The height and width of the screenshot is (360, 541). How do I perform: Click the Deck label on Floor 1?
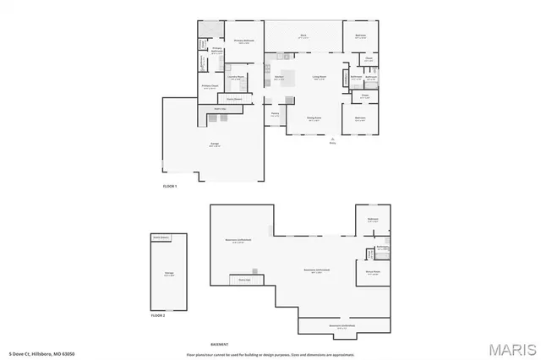[303, 35]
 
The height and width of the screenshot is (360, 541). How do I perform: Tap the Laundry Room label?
[237, 78]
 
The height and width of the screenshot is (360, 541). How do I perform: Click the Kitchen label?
[279, 78]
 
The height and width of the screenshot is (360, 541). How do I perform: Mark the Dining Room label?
[314, 119]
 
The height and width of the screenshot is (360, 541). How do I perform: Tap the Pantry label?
[275, 114]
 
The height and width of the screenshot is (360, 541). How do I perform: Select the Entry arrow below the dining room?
[333, 140]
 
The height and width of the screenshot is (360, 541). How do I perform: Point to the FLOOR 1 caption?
[170, 186]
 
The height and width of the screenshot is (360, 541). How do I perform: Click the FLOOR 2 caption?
[158, 314]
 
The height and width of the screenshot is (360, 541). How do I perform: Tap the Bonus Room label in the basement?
[373, 271]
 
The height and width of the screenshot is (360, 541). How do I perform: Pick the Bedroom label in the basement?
[373, 221]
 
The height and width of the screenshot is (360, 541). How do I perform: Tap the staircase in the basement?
[245, 280]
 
